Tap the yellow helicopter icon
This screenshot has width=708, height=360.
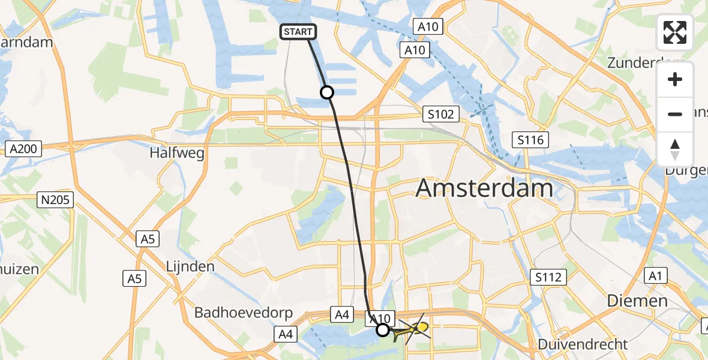click(x=415, y=328)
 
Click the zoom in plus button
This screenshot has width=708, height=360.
click(x=675, y=80)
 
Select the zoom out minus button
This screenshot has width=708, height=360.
click(x=675, y=114)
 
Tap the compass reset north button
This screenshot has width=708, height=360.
click(x=675, y=149)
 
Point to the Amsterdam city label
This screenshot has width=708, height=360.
click(x=484, y=188)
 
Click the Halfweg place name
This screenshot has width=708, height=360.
click(x=177, y=153)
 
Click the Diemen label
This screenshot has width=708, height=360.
click(x=637, y=301)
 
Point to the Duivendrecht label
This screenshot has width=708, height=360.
click(x=583, y=344)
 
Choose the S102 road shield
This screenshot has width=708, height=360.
click(x=440, y=114)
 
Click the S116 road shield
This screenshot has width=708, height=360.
click(x=531, y=140)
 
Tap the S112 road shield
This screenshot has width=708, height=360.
click(x=549, y=277)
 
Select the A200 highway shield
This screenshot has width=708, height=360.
click(x=25, y=149)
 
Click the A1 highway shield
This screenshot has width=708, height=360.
click(x=654, y=276)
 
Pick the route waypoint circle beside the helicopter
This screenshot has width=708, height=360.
click(x=382, y=329)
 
